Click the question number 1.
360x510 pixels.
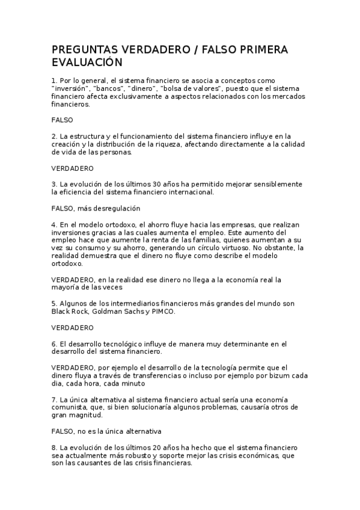point(53,80)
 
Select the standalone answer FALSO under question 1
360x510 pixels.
point(62,120)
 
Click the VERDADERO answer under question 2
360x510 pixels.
point(73,168)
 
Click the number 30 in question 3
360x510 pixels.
point(150,184)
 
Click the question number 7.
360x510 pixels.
point(53,399)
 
